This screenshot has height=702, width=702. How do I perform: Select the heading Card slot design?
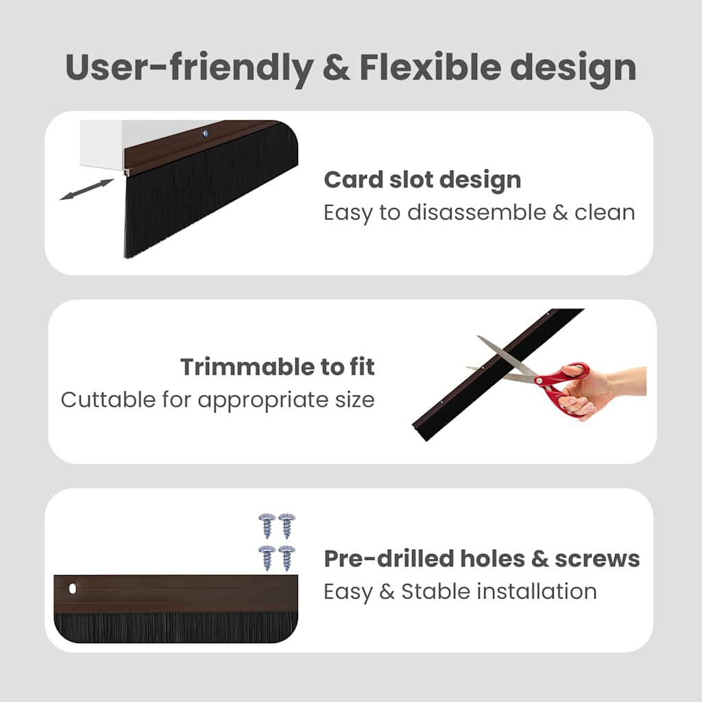coord(422,180)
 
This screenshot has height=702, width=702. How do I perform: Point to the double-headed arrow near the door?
coord(86,189)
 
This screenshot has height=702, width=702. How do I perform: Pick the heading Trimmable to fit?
coord(278,367)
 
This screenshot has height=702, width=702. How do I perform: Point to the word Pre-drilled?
coord(386,559)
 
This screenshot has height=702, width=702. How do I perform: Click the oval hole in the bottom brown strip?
coord(73,589)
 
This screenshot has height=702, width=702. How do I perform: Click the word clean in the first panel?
coord(605,213)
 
